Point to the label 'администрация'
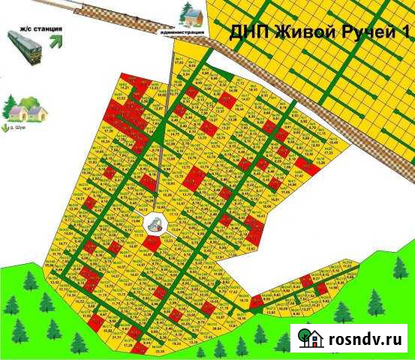182,33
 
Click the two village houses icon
29,111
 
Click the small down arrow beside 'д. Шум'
6,128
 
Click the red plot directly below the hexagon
152,243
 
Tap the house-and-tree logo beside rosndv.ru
310,338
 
